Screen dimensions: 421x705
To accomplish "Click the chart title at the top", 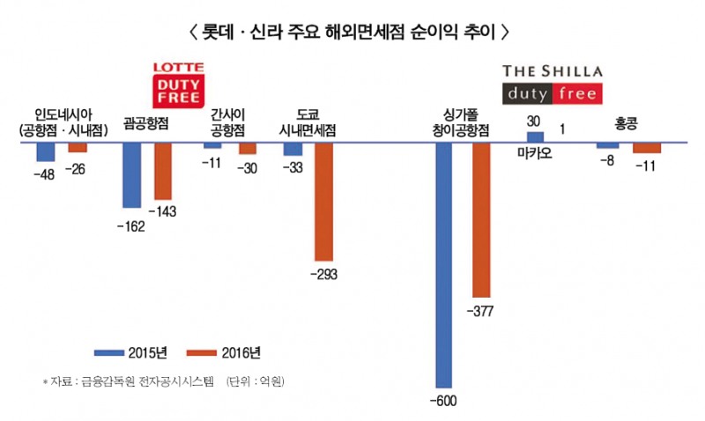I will pyautogui.click(x=350, y=32).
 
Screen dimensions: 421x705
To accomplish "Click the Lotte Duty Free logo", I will pyautogui.click(x=176, y=84).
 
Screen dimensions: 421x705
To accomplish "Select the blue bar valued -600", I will pyautogui.click(x=444, y=264).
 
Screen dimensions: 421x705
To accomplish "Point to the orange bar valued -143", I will pyautogui.click(x=163, y=171).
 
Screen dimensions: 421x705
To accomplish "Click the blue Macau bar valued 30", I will pyautogui.click(x=535, y=137).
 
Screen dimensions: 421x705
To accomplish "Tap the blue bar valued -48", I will pyautogui.click(x=46, y=151).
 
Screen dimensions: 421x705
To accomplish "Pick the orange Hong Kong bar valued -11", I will pyautogui.click(x=646, y=148).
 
